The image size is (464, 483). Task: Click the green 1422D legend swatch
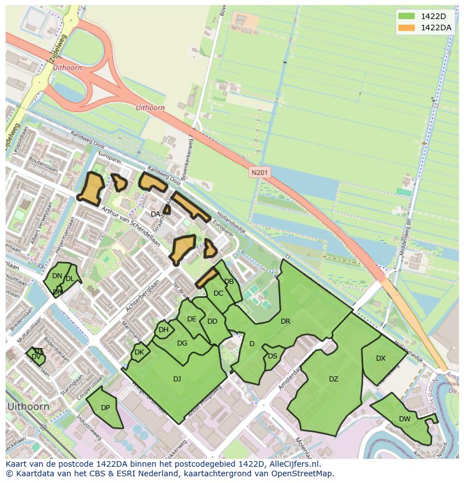[x=407, y=16]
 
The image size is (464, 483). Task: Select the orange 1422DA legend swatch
[x=407, y=27]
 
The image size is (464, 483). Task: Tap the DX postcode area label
[x=381, y=358]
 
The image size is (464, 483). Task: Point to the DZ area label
[x=333, y=379]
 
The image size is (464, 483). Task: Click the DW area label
[x=405, y=419]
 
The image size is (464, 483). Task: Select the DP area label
[x=105, y=408]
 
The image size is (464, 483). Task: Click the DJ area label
[x=177, y=379]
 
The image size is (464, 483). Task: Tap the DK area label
[x=140, y=352]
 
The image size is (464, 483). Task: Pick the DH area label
[x=163, y=330]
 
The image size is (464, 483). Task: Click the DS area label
[x=272, y=356]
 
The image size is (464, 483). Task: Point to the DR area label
[x=285, y=321]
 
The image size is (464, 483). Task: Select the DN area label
[x=57, y=276]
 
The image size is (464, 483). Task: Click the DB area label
[x=229, y=282]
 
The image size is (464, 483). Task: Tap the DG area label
[x=182, y=343]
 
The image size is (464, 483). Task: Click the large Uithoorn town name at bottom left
[x=28, y=406]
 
